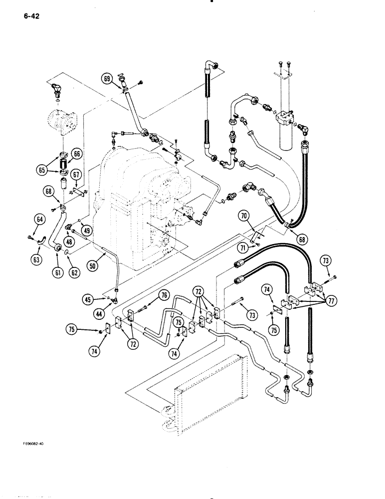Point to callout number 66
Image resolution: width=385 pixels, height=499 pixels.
pos(77,154)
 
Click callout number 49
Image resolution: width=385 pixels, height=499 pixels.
pos(87,231)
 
